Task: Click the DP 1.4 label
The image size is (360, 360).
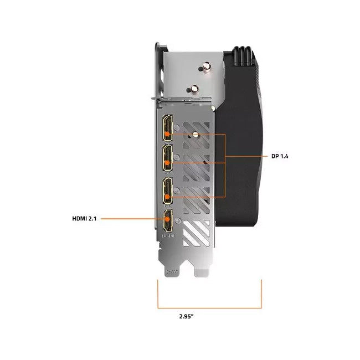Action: [x=280, y=156]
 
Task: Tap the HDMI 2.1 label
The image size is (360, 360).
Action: [x=84, y=219]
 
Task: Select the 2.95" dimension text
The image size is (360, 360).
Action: [x=187, y=316]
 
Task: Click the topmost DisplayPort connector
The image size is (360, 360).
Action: [x=168, y=128]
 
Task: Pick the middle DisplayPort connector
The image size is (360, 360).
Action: [x=168, y=158]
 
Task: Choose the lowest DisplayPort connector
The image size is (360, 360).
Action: [x=168, y=191]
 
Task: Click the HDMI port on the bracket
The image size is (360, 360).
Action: [x=168, y=221]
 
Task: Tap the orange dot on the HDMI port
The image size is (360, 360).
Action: [x=167, y=219]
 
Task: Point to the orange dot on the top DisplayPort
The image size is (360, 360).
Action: [x=167, y=133]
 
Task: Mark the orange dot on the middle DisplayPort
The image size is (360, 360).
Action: [x=167, y=163]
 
